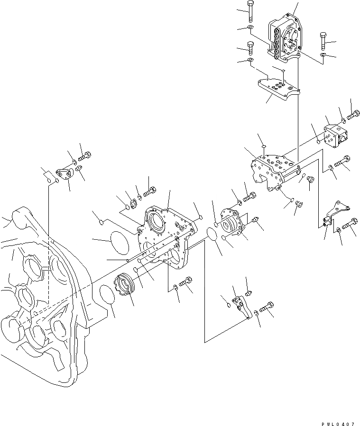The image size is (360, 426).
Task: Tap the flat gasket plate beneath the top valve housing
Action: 278,90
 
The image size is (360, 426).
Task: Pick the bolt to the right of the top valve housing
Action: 323,41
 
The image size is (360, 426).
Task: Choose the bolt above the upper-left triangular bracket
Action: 85,154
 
